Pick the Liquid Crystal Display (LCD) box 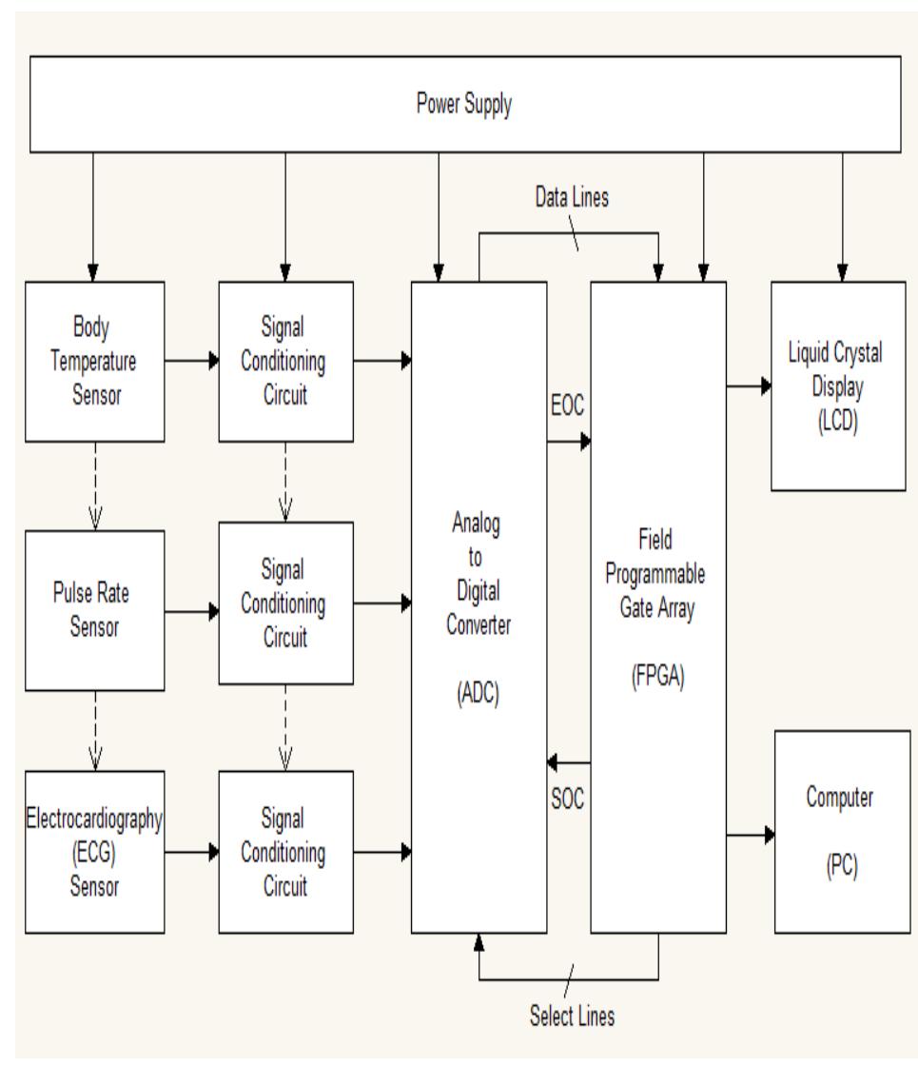837,385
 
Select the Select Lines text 572,1016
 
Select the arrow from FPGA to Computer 752,835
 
